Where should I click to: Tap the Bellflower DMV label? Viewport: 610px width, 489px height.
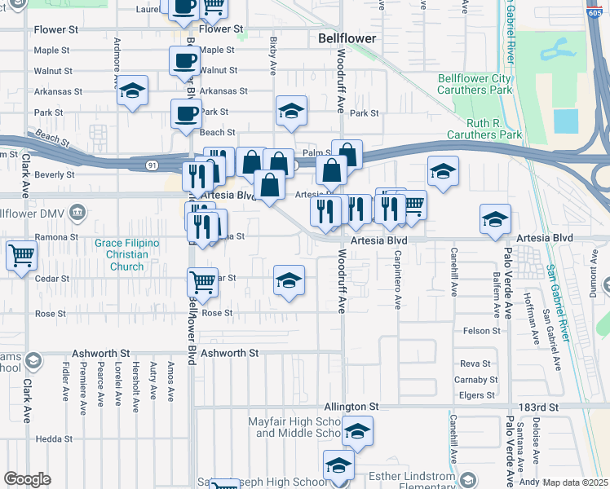38,214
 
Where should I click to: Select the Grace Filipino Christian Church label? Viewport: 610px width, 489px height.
126,254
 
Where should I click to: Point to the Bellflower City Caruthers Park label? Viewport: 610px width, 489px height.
475,84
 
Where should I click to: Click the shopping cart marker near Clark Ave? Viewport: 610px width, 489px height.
21,254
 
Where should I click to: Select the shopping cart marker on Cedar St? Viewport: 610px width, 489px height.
202,282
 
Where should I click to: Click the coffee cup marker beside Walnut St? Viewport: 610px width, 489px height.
184,60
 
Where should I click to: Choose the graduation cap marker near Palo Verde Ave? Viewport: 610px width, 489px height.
494,218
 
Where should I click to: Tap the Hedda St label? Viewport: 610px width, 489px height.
55,438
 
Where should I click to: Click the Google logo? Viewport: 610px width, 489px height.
27,478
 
